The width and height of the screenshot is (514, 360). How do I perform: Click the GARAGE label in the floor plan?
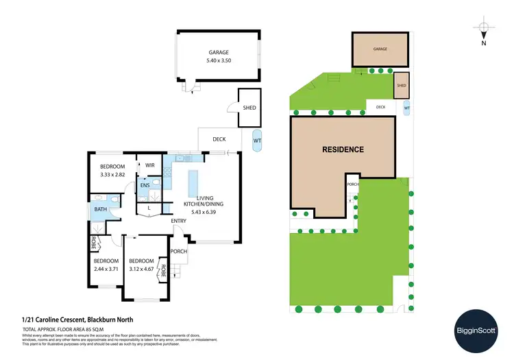click(x=219, y=52)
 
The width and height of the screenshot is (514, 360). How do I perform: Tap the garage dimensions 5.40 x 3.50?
click(x=219, y=61)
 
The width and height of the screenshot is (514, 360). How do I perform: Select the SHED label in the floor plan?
click(x=250, y=108)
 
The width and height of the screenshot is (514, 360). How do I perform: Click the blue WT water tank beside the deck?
click(x=257, y=141)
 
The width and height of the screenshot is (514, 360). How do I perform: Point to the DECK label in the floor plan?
click(x=219, y=139)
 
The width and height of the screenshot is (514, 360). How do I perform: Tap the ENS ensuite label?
click(x=145, y=186)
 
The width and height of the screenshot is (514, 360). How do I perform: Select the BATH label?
click(x=100, y=210)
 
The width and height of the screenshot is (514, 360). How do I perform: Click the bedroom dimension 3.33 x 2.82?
click(x=112, y=175)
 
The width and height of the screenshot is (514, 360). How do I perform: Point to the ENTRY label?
click(x=180, y=220)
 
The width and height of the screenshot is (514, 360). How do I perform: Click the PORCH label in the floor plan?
click(x=180, y=251)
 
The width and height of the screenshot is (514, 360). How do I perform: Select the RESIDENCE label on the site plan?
click(x=343, y=149)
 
